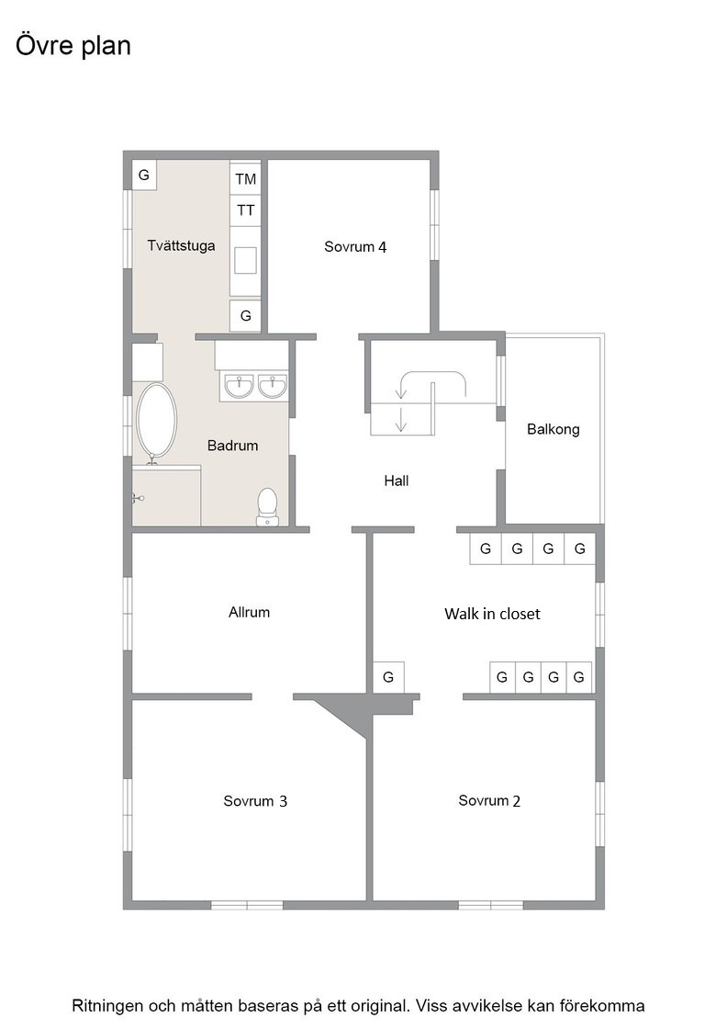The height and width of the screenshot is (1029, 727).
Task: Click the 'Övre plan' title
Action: point(73,46)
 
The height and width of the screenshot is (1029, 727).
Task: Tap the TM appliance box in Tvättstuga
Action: point(245,178)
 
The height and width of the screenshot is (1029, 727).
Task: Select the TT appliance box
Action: point(245,210)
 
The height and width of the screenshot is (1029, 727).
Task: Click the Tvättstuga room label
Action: point(181,246)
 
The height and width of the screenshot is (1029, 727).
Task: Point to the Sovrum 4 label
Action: point(355,247)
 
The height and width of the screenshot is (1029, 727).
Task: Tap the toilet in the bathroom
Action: point(267,506)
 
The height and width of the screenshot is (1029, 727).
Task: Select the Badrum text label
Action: point(233,446)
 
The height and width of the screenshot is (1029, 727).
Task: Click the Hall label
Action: point(396,481)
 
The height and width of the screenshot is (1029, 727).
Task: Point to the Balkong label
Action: point(554,429)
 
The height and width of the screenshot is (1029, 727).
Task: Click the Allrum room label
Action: point(249,612)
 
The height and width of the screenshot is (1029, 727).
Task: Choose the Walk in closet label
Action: point(492,615)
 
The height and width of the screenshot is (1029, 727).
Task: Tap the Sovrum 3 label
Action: point(255,801)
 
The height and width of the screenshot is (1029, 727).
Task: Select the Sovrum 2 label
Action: point(489,800)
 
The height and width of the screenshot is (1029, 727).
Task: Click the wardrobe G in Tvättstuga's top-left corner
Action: point(144,175)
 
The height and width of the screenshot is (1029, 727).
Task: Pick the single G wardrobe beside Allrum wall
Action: point(388,676)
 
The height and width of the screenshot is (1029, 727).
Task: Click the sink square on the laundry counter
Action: point(246,259)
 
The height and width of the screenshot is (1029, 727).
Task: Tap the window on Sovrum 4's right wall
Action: point(434,224)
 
